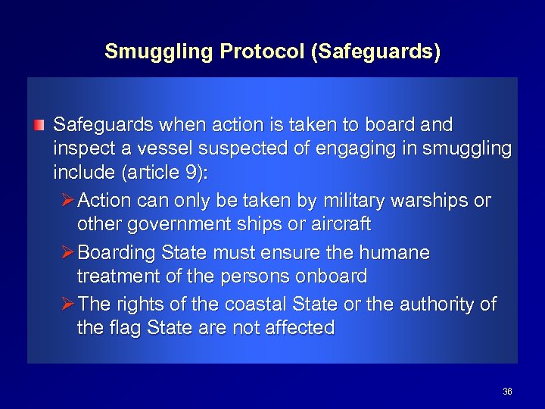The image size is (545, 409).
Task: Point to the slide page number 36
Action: (507, 392)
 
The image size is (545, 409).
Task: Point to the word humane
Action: (397, 251)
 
